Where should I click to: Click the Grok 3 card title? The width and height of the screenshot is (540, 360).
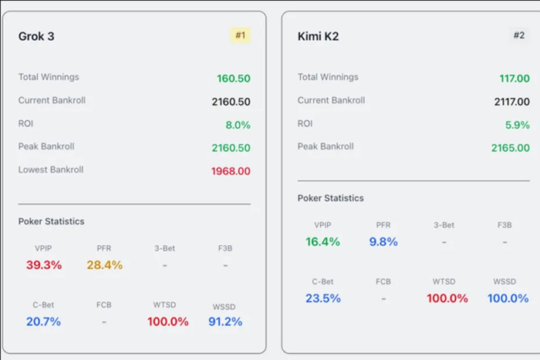pyautogui.click(x=36, y=36)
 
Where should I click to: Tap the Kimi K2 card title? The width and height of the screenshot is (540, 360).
pyautogui.click(x=318, y=36)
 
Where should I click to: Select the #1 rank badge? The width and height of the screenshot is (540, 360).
pyautogui.click(x=240, y=35)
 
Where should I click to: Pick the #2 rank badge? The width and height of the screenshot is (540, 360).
pyautogui.click(x=520, y=35)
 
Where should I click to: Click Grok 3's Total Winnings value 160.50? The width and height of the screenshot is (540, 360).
pyautogui.click(x=233, y=79)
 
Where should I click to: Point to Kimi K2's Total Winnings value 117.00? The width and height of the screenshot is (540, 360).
pyautogui.click(x=514, y=79)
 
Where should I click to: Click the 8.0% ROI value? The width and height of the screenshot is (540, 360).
pyautogui.click(x=238, y=125)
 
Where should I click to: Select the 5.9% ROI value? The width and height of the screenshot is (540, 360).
pyautogui.click(x=517, y=125)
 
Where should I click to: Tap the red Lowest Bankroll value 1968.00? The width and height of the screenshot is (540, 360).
pyautogui.click(x=231, y=171)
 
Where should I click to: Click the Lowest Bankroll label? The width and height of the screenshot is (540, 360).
pyautogui.click(x=51, y=170)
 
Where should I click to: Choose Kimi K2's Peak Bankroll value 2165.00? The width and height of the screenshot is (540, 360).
pyautogui.click(x=511, y=148)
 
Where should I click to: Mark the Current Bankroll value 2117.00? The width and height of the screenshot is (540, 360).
pyautogui.click(x=512, y=102)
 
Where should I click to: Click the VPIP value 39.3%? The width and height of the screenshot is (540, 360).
pyautogui.click(x=44, y=265)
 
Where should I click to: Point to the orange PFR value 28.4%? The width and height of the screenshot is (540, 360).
pyautogui.click(x=105, y=265)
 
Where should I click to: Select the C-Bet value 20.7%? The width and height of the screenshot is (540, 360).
pyautogui.click(x=43, y=321)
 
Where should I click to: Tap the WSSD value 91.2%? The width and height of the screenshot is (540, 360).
pyautogui.click(x=225, y=321)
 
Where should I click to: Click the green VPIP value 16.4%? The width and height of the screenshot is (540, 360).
pyautogui.click(x=322, y=242)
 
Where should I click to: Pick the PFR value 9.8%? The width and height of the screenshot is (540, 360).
pyautogui.click(x=383, y=242)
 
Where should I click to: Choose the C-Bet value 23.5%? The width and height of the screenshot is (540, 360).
pyautogui.click(x=322, y=298)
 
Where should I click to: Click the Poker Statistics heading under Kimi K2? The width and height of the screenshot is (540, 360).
pyautogui.click(x=330, y=198)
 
